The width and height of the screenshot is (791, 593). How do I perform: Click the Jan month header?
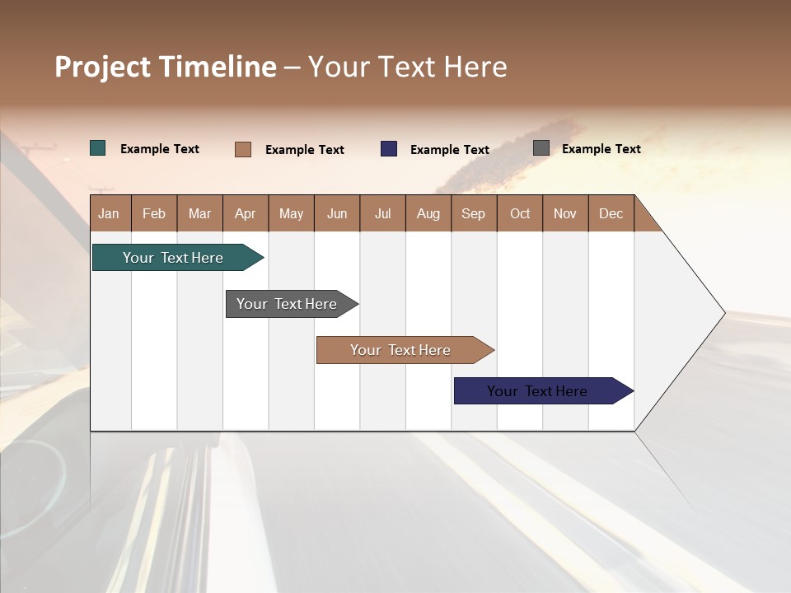109,213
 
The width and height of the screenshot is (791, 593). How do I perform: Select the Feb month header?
154,213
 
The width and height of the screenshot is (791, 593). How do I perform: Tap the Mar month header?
199,213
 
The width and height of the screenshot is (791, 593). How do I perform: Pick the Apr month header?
246,213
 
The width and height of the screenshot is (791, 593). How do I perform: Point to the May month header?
291,213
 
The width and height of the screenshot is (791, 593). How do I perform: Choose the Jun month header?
337,213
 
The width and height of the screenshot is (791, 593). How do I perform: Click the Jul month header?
382,213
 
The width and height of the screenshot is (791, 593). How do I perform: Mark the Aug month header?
428,213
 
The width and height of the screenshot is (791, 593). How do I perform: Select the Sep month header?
474,213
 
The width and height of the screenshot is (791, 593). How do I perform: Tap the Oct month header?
520,213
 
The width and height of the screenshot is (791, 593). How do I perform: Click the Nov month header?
565,213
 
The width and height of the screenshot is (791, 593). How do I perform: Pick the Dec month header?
611,213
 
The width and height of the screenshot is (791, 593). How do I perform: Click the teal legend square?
98,148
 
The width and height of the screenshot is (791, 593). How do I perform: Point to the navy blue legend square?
389,149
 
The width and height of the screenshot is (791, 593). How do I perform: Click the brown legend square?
243,149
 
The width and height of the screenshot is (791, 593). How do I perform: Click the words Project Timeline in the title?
166,67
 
